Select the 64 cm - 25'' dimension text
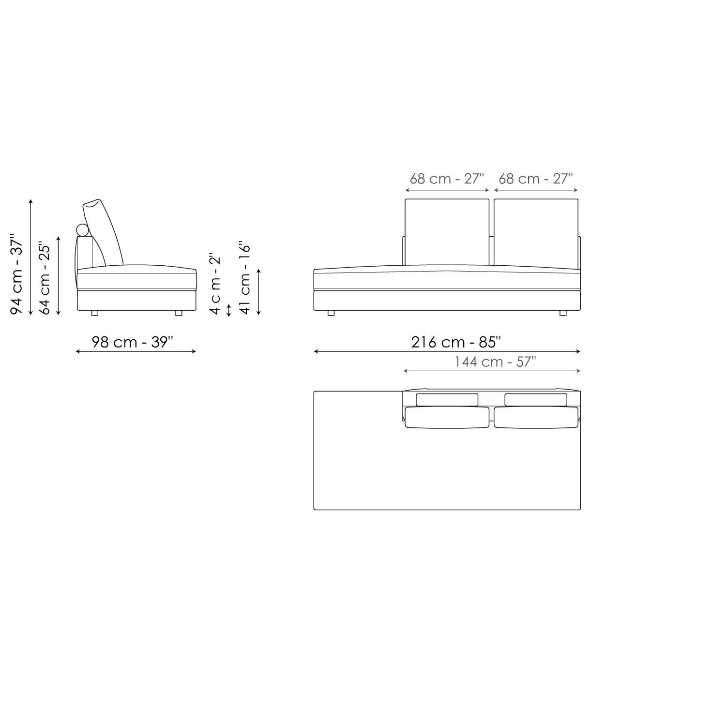pos(45,278)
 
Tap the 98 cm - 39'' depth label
pos(133,342)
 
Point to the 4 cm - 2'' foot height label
pos(215,284)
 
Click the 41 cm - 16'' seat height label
pos(245,278)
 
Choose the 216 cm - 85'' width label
pos(456,342)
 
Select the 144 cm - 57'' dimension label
pos(495,362)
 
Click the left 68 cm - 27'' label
pos(447,179)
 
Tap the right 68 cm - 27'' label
pos(536,179)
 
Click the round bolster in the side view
pos(83,230)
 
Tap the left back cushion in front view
pos(447,231)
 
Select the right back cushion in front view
pos(536,231)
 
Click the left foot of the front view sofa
pos(331,313)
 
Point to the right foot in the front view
pos(563,313)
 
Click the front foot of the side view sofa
pos(179,313)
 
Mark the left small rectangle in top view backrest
pos(447,400)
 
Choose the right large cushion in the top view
pos(536,417)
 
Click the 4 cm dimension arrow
pos(229,310)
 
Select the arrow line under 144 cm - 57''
pos(491,371)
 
